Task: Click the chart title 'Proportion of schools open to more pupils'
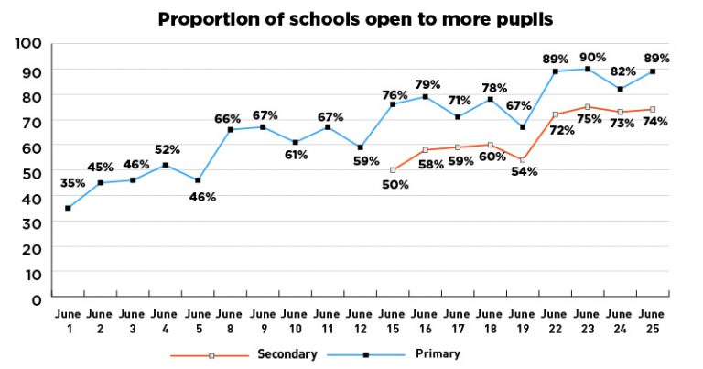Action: tap(355, 18)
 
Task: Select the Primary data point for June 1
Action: tap(69, 208)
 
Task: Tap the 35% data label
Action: tap(72, 183)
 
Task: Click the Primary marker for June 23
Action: tap(588, 69)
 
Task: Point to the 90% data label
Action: tap(592, 57)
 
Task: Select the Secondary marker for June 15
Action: tap(393, 170)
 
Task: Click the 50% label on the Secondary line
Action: tap(395, 184)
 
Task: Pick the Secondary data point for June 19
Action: tap(523, 159)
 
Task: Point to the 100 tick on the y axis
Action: tap(30, 43)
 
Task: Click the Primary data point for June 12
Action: tap(361, 147)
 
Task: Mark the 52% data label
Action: tap(168, 149)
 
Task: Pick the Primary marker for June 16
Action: tap(426, 96)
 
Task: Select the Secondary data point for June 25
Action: tap(653, 109)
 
